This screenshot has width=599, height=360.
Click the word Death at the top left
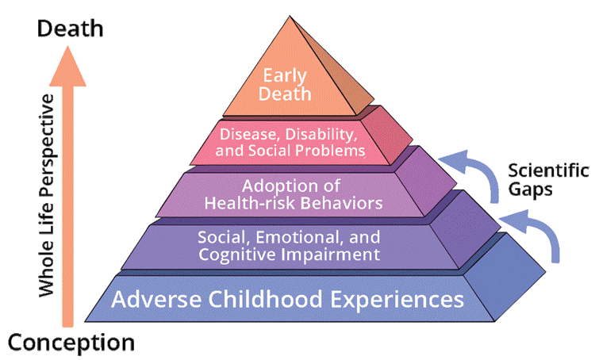(x=71, y=29)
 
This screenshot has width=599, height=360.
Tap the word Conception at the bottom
(x=71, y=343)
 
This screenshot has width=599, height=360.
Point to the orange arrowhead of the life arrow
(x=68, y=66)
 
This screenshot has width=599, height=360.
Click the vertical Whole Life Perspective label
(x=47, y=195)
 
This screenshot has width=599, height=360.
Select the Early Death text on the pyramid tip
(x=285, y=85)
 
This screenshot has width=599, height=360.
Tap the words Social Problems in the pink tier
(x=307, y=151)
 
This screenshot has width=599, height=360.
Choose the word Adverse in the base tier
(x=156, y=299)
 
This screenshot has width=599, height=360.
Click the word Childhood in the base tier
(x=266, y=299)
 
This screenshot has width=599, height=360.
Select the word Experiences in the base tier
(x=397, y=300)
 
